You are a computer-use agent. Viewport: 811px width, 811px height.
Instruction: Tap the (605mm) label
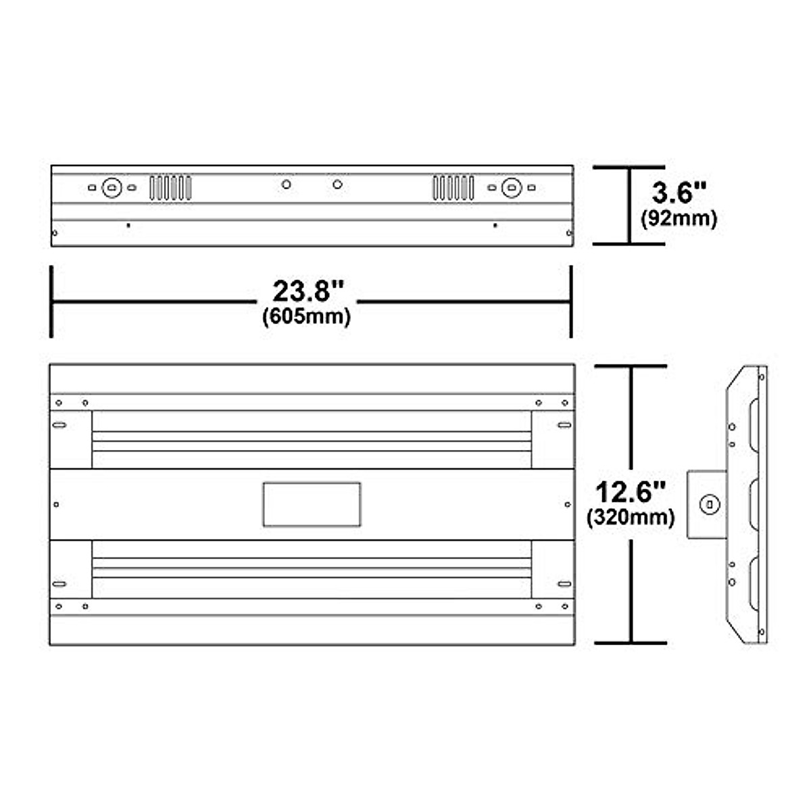[x=306, y=316]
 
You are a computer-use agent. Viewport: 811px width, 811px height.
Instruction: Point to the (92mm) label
[x=678, y=218]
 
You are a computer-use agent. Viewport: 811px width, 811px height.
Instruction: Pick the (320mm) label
[x=631, y=518]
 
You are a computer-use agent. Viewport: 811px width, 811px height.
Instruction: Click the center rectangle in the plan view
[x=312, y=504]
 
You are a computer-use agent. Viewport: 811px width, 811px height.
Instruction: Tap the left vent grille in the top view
[x=170, y=187]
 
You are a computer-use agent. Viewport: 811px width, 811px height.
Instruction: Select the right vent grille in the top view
[x=453, y=187]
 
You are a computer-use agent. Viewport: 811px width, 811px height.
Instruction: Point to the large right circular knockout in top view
[x=512, y=187]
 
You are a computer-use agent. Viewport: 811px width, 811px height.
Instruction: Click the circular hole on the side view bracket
[x=708, y=504]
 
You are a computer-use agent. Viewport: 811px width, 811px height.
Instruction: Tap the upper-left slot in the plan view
[x=59, y=425]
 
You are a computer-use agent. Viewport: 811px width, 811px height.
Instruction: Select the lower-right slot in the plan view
[x=564, y=583]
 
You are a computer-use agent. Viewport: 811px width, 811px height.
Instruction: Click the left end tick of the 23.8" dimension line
[x=51, y=301]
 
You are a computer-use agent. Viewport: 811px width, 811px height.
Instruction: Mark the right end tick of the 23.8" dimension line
[x=572, y=301]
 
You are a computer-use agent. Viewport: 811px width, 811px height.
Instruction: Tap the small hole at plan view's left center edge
[x=56, y=504]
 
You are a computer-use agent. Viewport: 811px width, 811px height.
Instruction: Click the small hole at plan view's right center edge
[x=567, y=504]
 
